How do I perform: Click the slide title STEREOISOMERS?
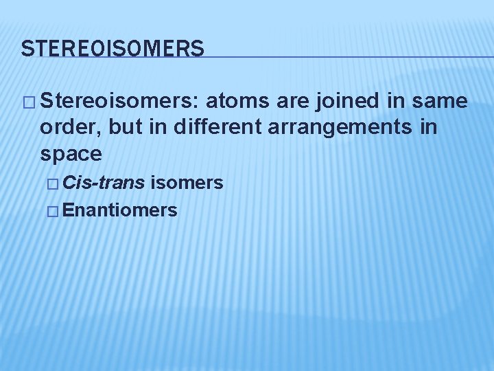pyautogui.click(x=113, y=49)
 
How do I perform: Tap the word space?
pyautogui.click(x=71, y=153)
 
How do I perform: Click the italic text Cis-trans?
pyautogui.click(x=104, y=183)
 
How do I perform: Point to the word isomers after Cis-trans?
pyautogui.click(x=187, y=183)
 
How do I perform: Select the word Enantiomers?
pyautogui.click(x=120, y=210)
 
